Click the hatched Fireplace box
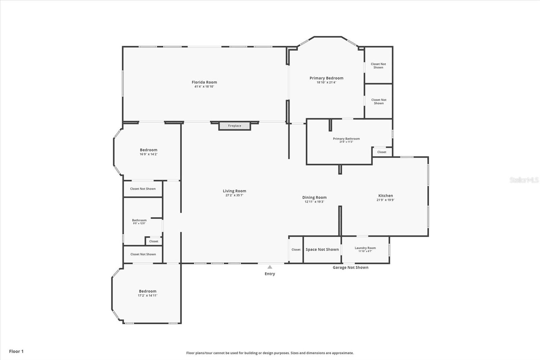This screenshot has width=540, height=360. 235,126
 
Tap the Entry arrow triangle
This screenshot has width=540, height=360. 270,267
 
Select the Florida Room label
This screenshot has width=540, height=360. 204,82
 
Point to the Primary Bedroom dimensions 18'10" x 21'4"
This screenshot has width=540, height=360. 326,82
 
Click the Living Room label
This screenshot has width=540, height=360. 234,191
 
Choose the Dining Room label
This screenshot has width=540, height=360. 314,197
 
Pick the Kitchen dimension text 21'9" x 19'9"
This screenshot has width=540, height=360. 385,200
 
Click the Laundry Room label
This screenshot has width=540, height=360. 365,248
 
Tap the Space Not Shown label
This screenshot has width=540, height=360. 322,250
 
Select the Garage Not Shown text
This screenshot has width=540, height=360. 351,267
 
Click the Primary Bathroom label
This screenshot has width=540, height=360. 346,138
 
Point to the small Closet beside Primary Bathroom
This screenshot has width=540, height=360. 382,152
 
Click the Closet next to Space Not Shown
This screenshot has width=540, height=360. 296,250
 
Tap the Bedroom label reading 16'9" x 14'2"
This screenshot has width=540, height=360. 148,150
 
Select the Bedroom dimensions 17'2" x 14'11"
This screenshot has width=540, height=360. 147,295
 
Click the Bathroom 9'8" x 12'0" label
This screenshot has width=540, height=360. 139,220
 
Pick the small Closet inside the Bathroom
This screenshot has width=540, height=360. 154,241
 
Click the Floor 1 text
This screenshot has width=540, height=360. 17,351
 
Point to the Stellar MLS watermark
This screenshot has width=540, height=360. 524,180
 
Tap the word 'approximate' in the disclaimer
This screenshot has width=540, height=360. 343,353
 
